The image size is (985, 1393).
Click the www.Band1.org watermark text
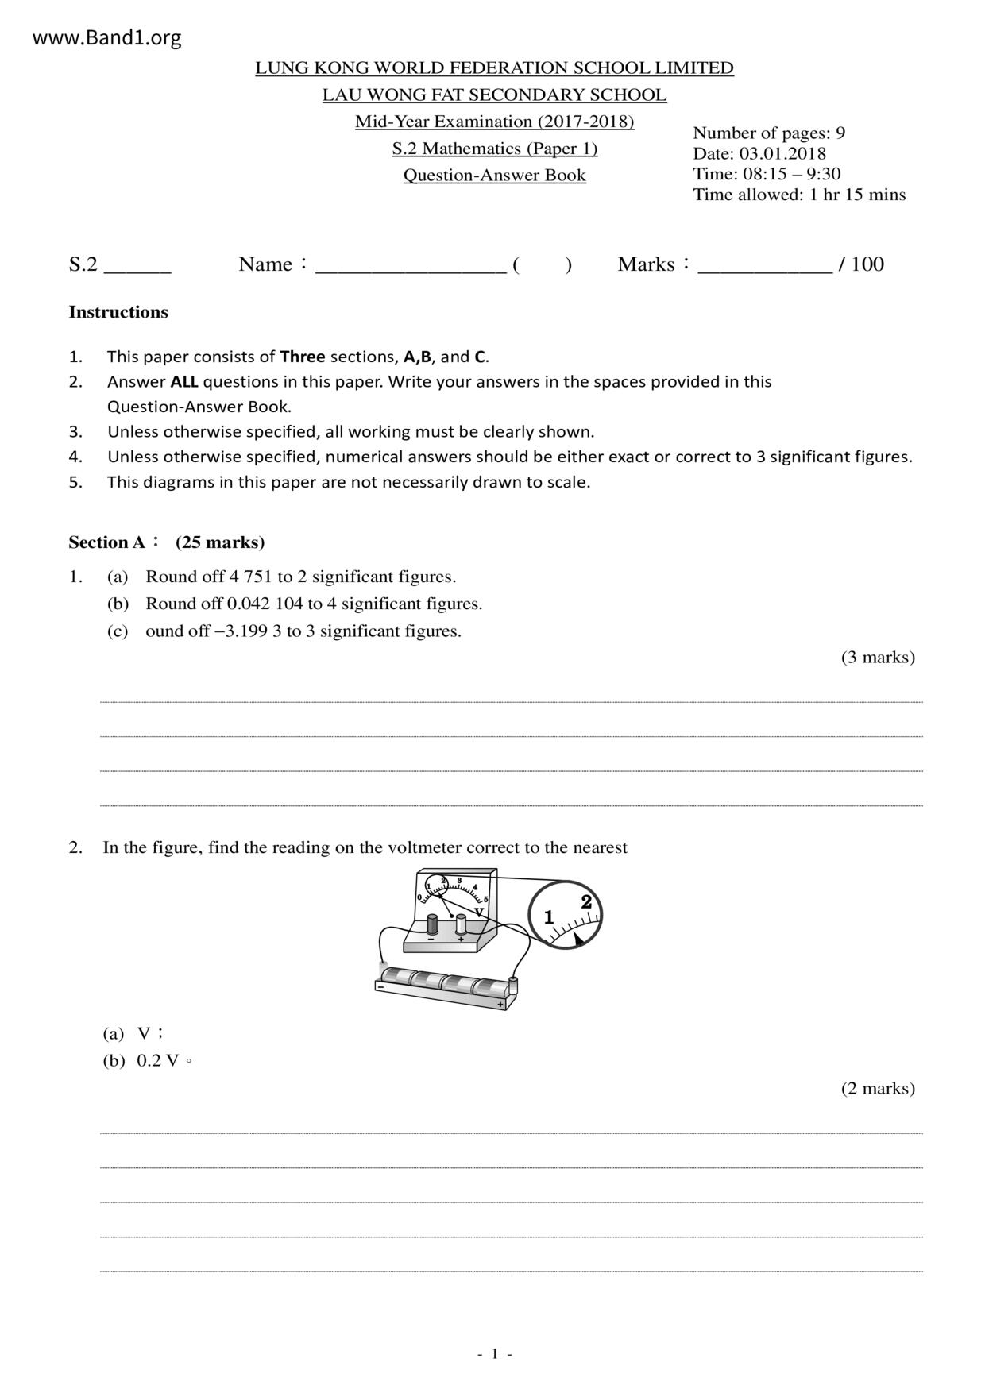pyautogui.click(x=106, y=38)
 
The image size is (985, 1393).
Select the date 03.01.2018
pyautogui.click(x=782, y=153)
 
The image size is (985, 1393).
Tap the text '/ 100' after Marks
pyautogui.click(x=861, y=264)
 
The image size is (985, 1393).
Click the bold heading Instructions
pyautogui.click(x=118, y=312)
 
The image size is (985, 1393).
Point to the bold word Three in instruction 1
pyautogui.click(x=302, y=357)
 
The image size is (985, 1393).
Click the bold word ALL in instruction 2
pyautogui.click(x=184, y=382)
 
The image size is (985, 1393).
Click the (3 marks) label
pyautogui.click(x=878, y=657)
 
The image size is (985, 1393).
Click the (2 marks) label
pyautogui.click(x=878, y=1088)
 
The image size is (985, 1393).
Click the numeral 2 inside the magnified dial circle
pyautogui.click(x=586, y=902)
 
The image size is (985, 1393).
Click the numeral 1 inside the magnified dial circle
pyautogui.click(x=549, y=918)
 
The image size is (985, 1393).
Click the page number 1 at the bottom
pyautogui.click(x=494, y=1354)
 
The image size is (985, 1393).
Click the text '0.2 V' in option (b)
pyautogui.click(x=157, y=1061)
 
